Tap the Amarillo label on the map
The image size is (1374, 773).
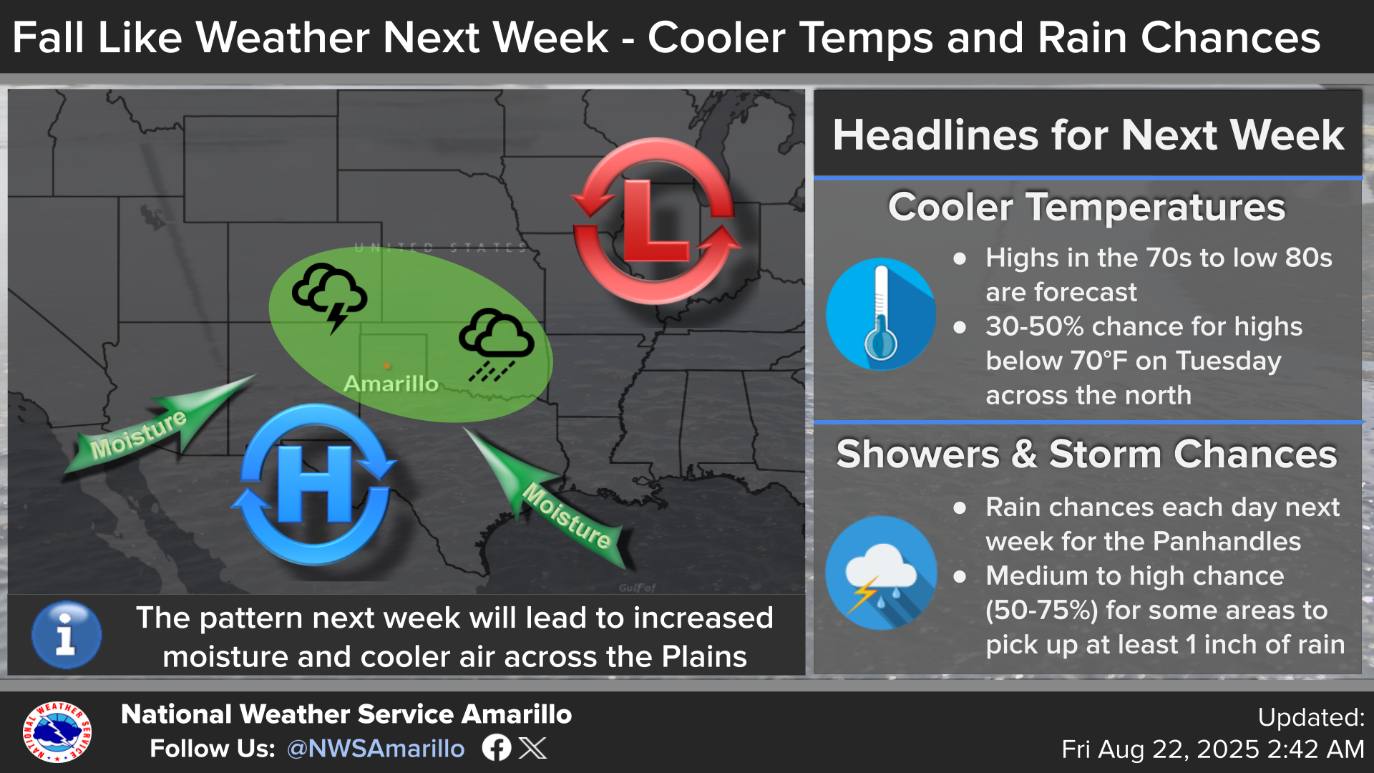click(391, 384)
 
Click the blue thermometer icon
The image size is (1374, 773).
click(881, 313)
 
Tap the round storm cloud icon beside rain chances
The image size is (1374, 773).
click(881, 573)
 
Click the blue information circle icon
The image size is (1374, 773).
click(67, 635)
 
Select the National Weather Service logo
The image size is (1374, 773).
click(57, 731)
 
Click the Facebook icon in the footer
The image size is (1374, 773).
click(496, 748)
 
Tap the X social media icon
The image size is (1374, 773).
click(532, 748)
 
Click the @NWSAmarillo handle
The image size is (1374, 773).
click(376, 749)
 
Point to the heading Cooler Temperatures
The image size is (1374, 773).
click(1086, 208)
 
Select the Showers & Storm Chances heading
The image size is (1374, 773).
click(1086, 454)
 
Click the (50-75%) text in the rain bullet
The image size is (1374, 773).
click(1041, 611)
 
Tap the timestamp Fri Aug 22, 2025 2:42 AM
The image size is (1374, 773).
click(1213, 749)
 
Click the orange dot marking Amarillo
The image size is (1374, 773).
click(386, 366)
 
